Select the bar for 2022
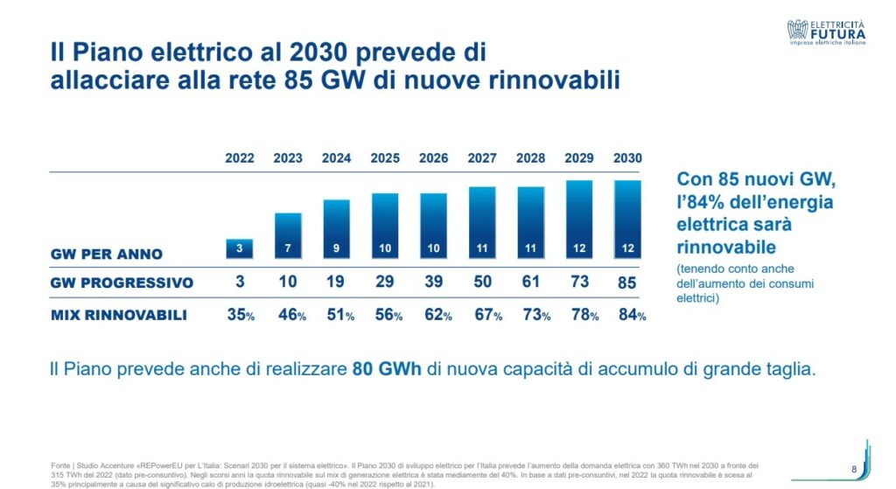240,248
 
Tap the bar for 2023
288,235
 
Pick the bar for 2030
627,219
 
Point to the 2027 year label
482,158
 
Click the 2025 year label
385,158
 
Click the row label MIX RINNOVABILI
118,315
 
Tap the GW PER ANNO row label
106,255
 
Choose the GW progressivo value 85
627,283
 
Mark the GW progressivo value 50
482,283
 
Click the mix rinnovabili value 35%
239,315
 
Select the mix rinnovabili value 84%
629,315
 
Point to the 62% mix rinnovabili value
436,315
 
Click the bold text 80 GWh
387,369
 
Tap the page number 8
853,467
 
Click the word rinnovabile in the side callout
726,247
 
